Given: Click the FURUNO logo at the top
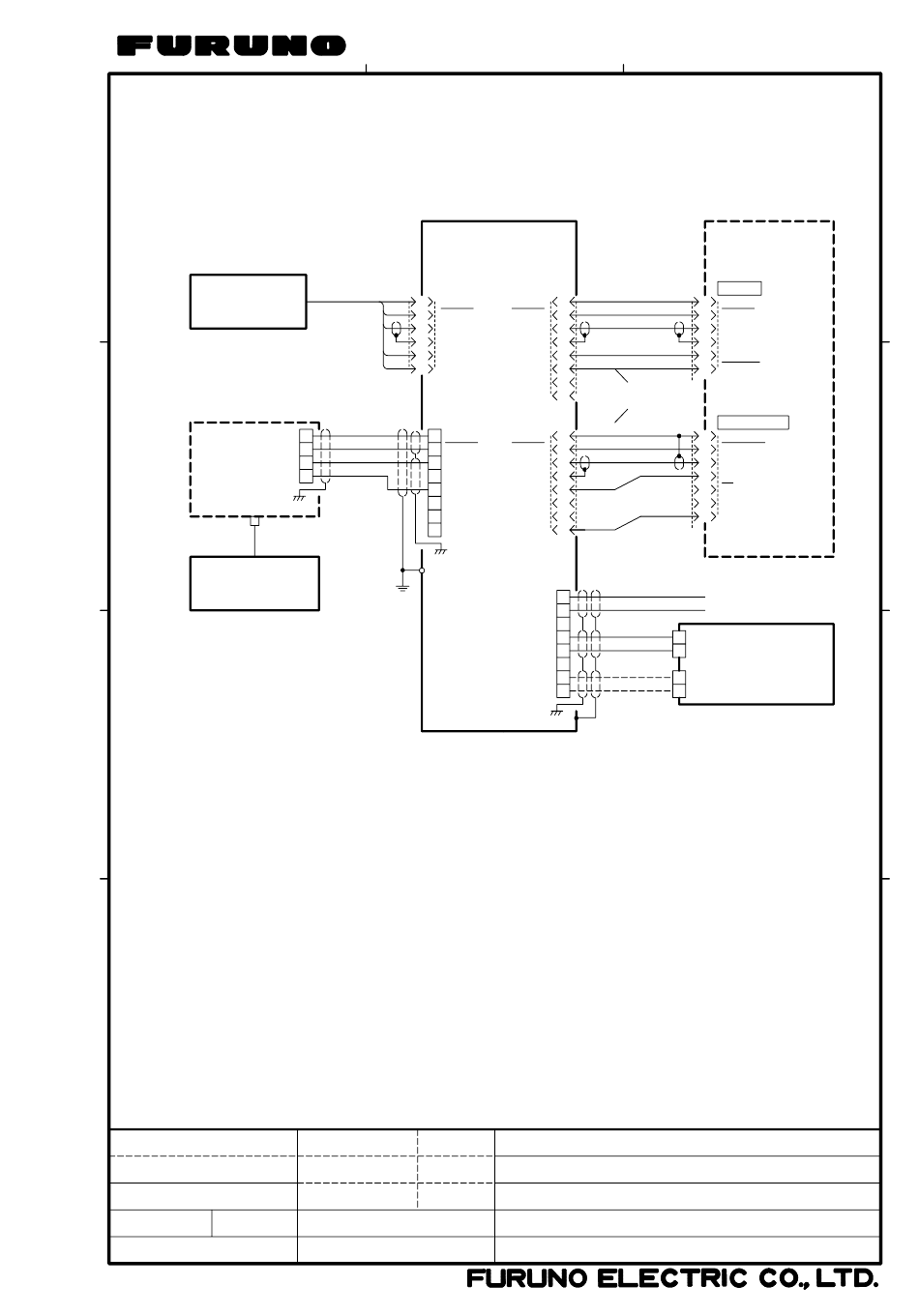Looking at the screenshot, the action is pos(231,45).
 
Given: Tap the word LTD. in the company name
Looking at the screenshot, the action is pos(846,1278).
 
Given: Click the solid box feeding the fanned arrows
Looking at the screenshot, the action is pos(248,302).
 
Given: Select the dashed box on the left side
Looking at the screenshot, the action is pos(254,469).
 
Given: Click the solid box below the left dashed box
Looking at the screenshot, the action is pos(254,584).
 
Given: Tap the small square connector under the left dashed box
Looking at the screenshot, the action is pos(254,521).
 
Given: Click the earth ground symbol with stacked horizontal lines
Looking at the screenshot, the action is pos(402,587).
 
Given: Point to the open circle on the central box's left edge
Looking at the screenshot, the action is pos(422,570).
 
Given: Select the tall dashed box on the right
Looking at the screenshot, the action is pos(769,389).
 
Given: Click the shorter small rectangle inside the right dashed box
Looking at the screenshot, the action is pos(739,288).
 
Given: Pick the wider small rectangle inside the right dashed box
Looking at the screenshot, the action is pos(753,423).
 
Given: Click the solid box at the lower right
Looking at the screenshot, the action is pos(756,664).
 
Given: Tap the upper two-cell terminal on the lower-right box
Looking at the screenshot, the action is pos(679,644).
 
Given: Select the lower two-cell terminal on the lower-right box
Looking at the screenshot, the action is pos(679,684).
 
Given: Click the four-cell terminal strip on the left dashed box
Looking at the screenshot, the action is pos(306,456).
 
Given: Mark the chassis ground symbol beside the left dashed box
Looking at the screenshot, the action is pos(299,498).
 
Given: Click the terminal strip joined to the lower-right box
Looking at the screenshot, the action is pos(563,644).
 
